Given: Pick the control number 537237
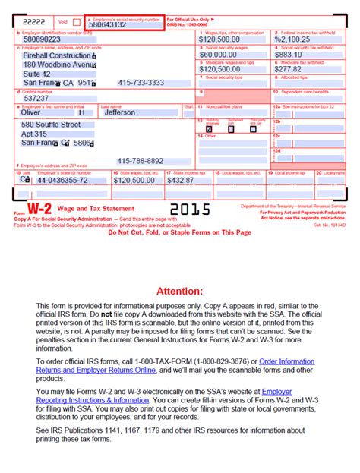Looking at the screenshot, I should (36, 98).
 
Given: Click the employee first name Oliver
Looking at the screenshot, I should (31, 112).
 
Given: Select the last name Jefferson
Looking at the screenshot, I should (119, 112).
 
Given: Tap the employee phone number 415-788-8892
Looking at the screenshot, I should (141, 161).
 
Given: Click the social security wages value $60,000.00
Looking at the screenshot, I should (219, 54).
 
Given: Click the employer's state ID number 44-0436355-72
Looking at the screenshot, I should (62, 180).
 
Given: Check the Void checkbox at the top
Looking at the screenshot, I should (75, 22).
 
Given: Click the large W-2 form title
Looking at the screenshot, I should (39, 209).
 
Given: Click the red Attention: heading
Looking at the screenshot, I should (179, 270).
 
